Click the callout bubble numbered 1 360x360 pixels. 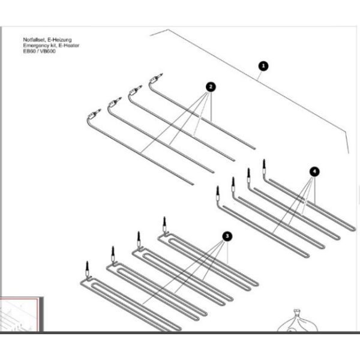[263, 66]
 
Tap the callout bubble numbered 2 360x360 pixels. [211, 87]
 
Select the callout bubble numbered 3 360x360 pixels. [227, 236]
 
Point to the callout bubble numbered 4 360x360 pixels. [314, 172]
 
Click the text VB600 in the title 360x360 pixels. [48, 51]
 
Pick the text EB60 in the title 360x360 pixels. [29, 51]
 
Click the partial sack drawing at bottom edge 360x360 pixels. [297, 321]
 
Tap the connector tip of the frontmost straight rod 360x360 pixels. [99, 110]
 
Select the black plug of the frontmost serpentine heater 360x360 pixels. [87, 266]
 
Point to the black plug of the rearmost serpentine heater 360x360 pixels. [164, 221]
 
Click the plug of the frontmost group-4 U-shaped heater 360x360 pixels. [218, 190]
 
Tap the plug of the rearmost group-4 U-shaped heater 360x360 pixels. [264, 163]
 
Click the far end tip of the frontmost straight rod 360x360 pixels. [193, 184]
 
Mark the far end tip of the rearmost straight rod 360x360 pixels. [254, 148]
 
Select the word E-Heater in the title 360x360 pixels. [69, 46]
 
